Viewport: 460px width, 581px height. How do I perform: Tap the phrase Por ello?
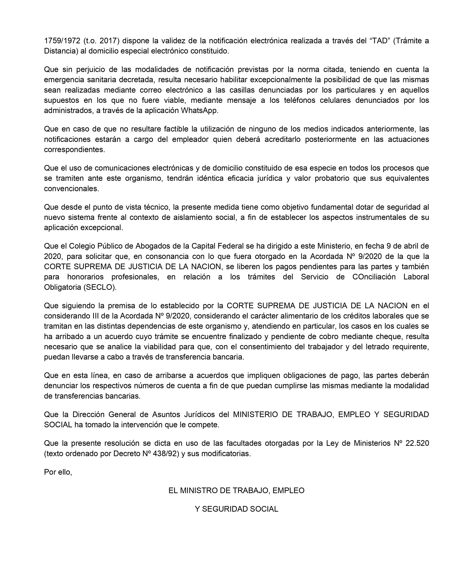pos(58,472)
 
